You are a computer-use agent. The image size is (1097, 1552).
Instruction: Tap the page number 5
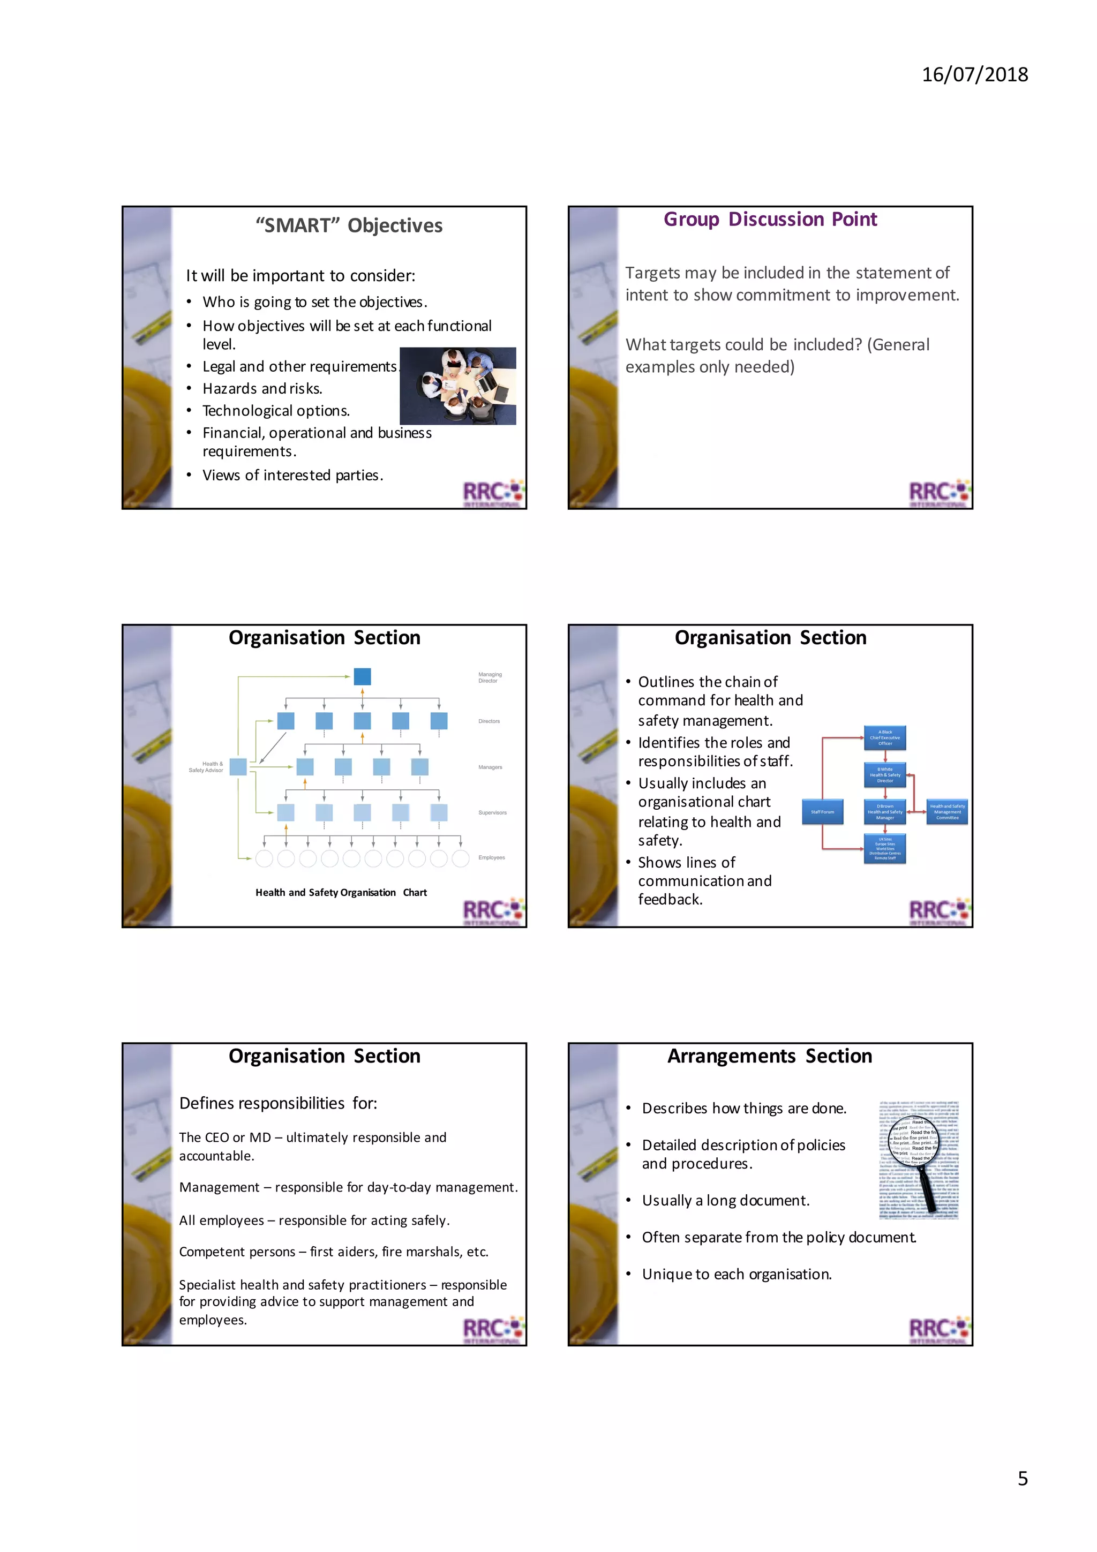[x=1022, y=1478]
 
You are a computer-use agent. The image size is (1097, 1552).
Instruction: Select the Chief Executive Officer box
[x=885, y=737]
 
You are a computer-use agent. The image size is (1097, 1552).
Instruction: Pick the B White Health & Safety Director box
[x=885, y=774]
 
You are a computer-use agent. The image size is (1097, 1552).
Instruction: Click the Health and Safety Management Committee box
[x=947, y=812]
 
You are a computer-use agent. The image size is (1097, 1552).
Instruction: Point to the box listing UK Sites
[x=885, y=848]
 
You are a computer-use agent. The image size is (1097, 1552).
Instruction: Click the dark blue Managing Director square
[x=362, y=676]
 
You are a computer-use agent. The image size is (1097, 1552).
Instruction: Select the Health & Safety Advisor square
[x=238, y=766]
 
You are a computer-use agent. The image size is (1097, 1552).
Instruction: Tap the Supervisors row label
[x=492, y=812]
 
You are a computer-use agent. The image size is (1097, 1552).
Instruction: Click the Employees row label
[x=491, y=857]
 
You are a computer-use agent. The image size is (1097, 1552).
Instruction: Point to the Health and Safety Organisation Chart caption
[x=341, y=892]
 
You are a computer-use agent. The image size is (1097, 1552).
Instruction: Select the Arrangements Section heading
[x=770, y=1056]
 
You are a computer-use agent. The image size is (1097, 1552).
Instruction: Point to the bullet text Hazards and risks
[x=262, y=389]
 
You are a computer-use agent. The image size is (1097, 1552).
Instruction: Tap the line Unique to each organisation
[x=737, y=1274]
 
